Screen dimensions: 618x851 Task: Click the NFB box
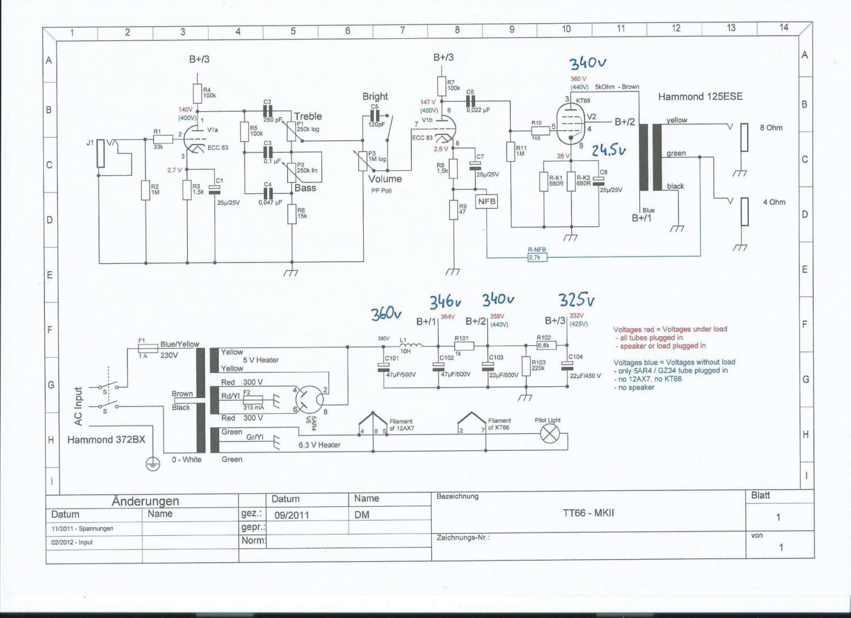[x=486, y=201]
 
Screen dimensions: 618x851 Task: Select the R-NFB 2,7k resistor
[x=537, y=257]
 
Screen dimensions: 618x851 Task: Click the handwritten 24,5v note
[x=608, y=150]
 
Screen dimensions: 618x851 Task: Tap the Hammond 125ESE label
[x=700, y=97]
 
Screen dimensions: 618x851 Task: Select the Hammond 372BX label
[x=106, y=440]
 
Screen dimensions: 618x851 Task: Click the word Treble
[x=308, y=116]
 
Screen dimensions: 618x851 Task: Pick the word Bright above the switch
[x=375, y=96]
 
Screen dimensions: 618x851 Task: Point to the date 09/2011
[x=292, y=515]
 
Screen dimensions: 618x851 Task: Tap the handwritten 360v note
[x=386, y=314]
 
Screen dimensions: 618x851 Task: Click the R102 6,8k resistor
[x=546, y=345]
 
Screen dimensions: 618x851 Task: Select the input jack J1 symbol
[x=100, y=153]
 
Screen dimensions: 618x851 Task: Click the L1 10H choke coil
[x=411, y=345]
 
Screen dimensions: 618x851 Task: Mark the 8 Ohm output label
[x=771, y=128]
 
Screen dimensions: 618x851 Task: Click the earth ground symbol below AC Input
[x=153, y=464]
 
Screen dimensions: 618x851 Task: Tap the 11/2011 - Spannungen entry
[x=82, y=528]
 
